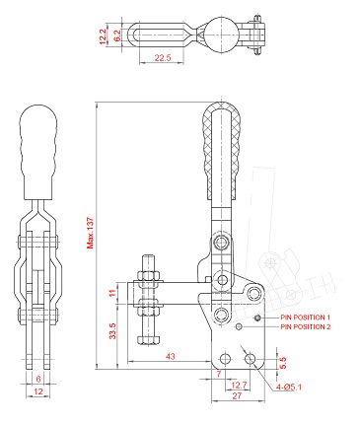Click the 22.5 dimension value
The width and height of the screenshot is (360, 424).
pos(163,58)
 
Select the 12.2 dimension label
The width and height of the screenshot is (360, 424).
pos(103,36)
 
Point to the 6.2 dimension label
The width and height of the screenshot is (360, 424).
pos(117,35)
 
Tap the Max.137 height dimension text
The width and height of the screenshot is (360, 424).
pos(90,233)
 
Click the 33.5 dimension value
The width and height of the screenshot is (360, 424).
pos(112,331)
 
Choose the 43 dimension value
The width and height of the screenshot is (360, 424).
pos(171,356)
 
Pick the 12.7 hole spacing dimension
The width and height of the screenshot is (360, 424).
pos(239,385)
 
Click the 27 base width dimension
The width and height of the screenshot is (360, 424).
pos(237,395)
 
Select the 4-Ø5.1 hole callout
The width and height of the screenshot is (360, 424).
pos(289,387)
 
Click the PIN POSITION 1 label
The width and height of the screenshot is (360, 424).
pos(305,318)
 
